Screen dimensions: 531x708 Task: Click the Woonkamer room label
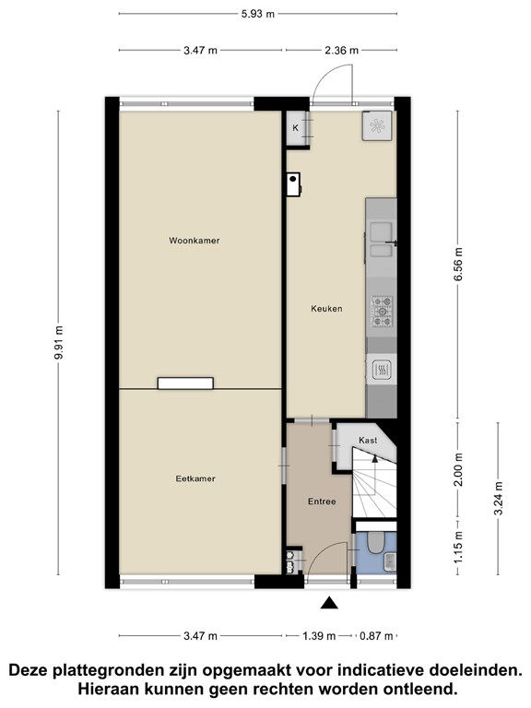pyautogui.click(x=195, y=241)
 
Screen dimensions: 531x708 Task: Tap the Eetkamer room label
pyautogui.click(x=195, y=478)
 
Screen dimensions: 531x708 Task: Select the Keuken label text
pyautogui.click(x=326, y=309)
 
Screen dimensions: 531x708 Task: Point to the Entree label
pyautogui.click(x=322, y=501)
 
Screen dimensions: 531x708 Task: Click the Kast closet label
pyautogui.click(x=368, y=441)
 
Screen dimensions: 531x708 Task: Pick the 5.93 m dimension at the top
pyautogui.click(x=258, y=14)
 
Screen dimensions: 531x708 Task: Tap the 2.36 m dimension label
pyautogui.click(x=342, y=50)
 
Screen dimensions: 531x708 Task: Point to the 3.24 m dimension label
pyautogui.click(x=499, y=499)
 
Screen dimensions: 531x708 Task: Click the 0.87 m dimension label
pyautogui.click(x=376, y=636)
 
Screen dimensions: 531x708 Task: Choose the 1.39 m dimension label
pyautogui.click(x=319, y=636)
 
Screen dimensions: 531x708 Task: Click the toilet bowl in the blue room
pyautogui.click(x=375, y=542)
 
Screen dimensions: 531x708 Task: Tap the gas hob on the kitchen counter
pyautogui.click(x=382, y=311)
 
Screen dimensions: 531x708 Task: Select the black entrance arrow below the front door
pyautogui.click(x=330, y=603)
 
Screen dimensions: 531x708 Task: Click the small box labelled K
pyautogui.click(x=295, y=128)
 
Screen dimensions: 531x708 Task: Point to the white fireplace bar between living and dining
pyautogui.click(x=185, y=383)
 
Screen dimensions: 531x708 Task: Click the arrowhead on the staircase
pyautogui.click(x=374, y=459)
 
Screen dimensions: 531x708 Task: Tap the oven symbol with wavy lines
pyautogui.click(x=382, y=372)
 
